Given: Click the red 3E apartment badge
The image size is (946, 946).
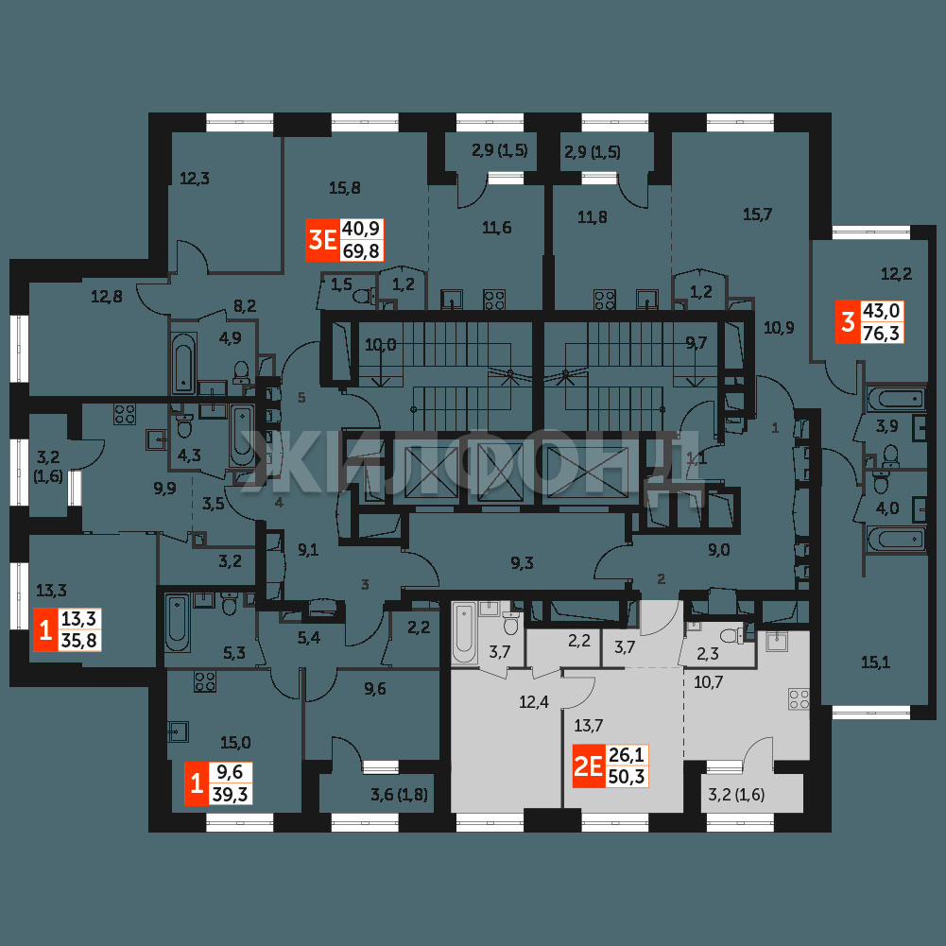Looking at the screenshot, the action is point(322,240).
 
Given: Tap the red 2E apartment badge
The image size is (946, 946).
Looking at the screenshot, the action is point(588,766).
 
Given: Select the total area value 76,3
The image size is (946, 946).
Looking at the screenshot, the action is point(881,333).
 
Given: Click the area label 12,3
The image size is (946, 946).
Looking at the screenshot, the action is point(195,178).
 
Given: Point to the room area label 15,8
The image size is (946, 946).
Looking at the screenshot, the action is point(345,188).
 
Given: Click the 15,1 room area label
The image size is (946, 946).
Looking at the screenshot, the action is point(875,663).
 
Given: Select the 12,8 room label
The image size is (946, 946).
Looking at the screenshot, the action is point(106,296).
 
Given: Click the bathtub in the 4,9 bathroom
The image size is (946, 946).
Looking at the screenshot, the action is point(182,362).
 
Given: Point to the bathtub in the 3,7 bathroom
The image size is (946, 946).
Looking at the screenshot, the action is point(464,632).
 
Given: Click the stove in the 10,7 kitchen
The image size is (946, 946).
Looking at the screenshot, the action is point(799,699).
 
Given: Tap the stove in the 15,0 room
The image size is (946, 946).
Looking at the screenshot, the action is point(204,681).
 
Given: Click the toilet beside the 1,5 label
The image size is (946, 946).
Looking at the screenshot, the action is point(365,296).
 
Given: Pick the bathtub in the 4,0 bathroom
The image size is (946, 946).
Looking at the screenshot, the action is point(896,539).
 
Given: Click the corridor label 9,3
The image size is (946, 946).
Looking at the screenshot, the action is point(522,563).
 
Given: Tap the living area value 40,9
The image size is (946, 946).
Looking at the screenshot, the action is point(361,229).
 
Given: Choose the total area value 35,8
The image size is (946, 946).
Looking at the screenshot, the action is point(79,640).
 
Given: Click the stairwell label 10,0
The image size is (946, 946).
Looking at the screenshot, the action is point(381,345).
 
